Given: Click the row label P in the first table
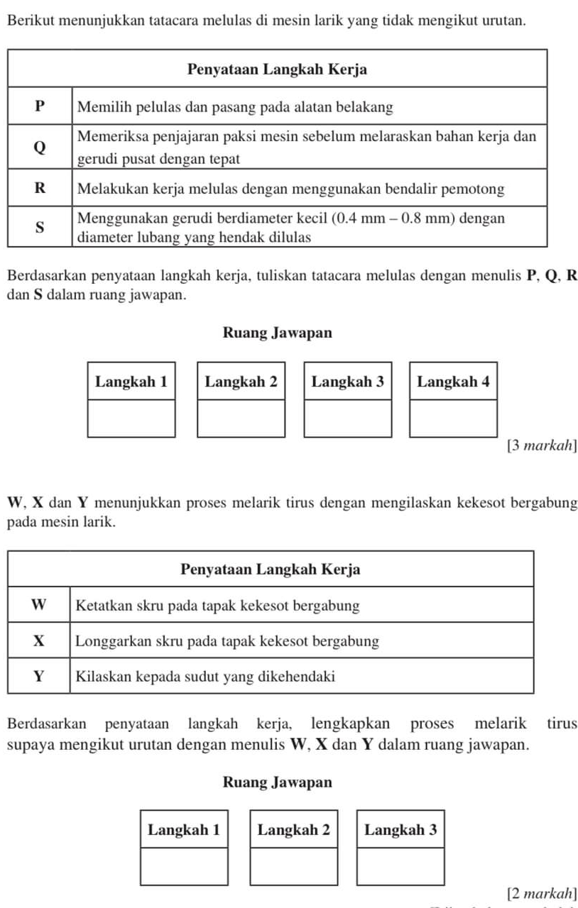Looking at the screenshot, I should pyautogui.click(x=40, y=106).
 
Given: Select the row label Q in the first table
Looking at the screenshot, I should pyautogui.click(x=40, y=148).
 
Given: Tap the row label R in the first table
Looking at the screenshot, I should pyautogui.click(x=40, y=189).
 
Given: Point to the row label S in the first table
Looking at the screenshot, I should pyautogui.click(x=40, y=227).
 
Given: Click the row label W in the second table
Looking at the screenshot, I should pyautogui.click(x=39, y=605).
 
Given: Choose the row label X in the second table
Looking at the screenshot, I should pyautogui.click(x=39, y=641).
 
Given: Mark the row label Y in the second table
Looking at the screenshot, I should pyautogui.click(x=39, y=675).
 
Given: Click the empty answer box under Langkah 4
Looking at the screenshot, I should pyautogui.click(x=453, y=419).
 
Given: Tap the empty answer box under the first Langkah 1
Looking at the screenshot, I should pyautogui.click(x=131, y=419).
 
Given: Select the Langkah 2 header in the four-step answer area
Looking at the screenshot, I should pyautogui.click(x=241, y=382).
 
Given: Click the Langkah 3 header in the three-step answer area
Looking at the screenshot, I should pyautogui.click(x=400, y=829).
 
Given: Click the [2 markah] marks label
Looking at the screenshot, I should pyautogui.click(x=542, y=892).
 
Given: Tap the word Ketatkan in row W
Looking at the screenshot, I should pyautogui.click(x=102, y=605).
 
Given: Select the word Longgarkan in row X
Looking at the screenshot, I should pyautogui.click(x=111, y=641).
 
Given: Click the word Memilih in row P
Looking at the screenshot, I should pyautogui.click(x=100, y=106).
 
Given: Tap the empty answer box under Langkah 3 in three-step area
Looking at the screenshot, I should pyautogui.click(x=400, y=866).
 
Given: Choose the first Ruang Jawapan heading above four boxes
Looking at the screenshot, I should pyautogui.click(x=277, y=332).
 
